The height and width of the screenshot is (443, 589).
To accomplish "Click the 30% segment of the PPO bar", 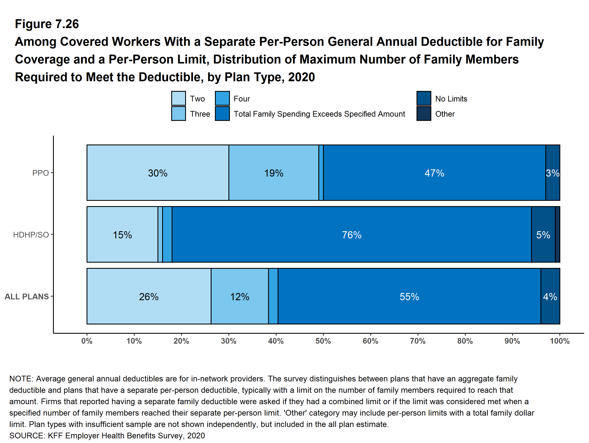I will tap(158, 173).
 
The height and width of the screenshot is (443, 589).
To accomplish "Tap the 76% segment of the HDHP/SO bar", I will tap(351, 235).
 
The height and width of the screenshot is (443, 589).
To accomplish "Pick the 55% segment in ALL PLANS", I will tap(409, 297).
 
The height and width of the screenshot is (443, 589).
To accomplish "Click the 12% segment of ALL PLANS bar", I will tap(240, 297).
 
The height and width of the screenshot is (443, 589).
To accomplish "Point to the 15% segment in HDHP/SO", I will tap(122, 235).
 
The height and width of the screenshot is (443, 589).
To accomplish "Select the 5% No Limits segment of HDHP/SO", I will tap(543, 235).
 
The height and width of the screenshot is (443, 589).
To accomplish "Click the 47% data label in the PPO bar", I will tap(434, 173).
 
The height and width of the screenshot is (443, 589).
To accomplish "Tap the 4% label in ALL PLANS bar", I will tap(550, 297).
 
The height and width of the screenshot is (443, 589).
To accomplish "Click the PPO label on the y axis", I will tap(41, 173).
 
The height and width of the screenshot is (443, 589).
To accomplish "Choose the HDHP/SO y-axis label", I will tap(31, 235).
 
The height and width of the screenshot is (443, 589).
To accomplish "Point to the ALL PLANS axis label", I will tap(27, 296).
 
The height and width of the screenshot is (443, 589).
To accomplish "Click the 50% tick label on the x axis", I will tap(323, 341).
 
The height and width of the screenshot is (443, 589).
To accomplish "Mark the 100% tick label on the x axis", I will tap(560, 341).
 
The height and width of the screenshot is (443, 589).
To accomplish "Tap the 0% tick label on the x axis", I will tap(87, 341).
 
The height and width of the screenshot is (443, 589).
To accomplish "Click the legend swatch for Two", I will tap(178, 99).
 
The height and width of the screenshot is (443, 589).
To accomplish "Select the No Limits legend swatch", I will tap(424, 99).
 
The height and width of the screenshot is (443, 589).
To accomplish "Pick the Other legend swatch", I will tap(424, 114).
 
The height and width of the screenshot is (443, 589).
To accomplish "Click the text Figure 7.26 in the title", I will tap(47, 24).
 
